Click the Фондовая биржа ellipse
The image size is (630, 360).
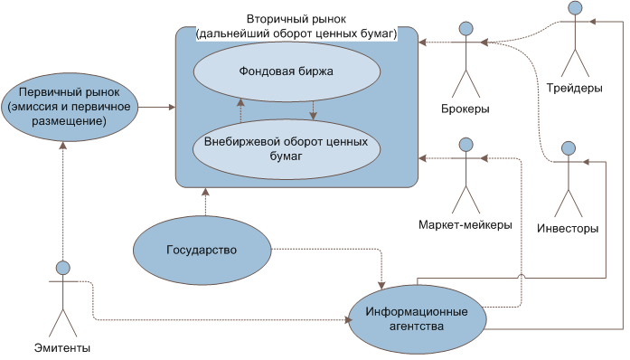coord(276,69)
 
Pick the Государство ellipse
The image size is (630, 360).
coord(202,250)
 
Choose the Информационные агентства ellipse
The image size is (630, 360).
coord(417,318)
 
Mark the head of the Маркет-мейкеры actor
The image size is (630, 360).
coord(466,144)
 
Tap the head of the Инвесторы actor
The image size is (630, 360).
coord(568,147)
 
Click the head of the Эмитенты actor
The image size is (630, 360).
coord(62,269)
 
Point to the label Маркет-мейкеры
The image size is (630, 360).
coord(465,224)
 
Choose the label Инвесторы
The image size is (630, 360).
coord(568,228)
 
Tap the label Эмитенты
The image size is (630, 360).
coord(62,348)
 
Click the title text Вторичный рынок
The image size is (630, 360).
coord(296,19)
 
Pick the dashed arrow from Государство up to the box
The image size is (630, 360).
coord(205,202)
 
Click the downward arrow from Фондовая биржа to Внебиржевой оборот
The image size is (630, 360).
coord(312,109)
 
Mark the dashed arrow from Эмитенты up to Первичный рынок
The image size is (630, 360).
coord(62,199)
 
